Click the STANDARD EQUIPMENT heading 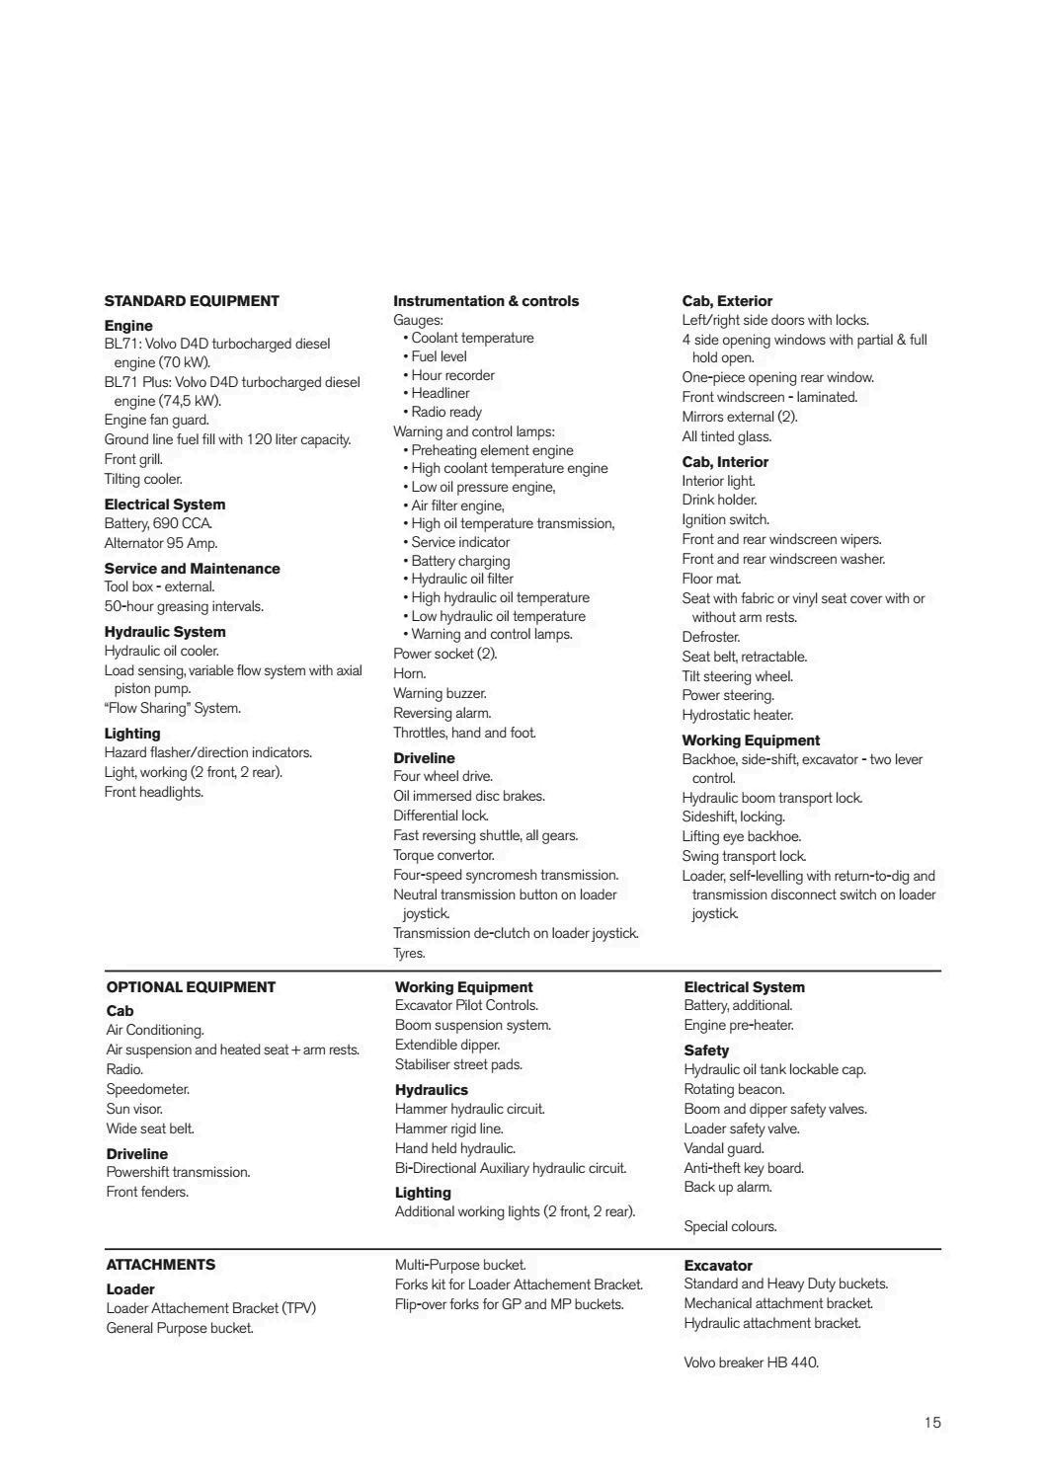[192, 301]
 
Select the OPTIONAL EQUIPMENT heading [191, 987]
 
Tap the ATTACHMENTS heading [160, 1265]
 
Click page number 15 [932, 1423]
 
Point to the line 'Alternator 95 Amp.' [161, 543]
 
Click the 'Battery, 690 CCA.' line [158, 523]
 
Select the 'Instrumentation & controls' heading [486, 301]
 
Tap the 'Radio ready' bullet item [446, 412]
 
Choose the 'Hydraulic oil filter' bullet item [462, 579]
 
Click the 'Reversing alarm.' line [442, 713]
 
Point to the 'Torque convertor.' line [443, 855]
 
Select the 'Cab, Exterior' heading [727, 301]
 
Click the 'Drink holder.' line [719, 500]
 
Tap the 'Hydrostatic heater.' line [737, 715]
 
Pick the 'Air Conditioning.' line [155, 1030]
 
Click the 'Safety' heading [706, 1050]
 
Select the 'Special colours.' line [730, 1226]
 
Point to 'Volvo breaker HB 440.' [751, 1362]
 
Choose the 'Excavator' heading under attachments [718, 1266]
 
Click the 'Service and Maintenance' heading [192, 569]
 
